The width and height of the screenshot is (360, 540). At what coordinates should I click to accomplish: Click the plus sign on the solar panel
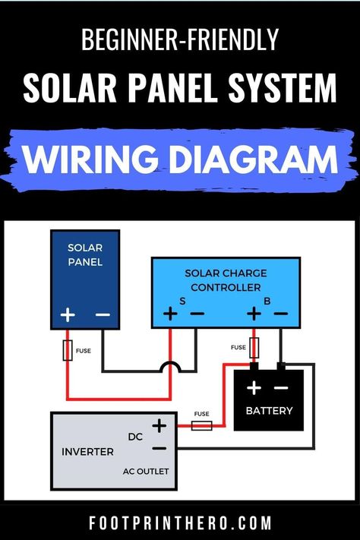click(x=68, y=314)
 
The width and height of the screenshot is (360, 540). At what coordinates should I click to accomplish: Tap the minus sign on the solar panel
click(x=103, y=314)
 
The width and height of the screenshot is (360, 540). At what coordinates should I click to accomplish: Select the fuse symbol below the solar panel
click(x=68, y=350)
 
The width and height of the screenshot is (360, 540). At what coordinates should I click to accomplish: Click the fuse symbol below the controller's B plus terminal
click(x=254, y=348)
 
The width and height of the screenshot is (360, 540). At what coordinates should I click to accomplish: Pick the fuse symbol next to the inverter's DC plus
click(x=201, y=426)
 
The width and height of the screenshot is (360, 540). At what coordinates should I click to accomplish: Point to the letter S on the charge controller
click(x=182, y=302)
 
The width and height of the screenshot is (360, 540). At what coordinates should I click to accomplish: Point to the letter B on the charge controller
click(x=267, y=302)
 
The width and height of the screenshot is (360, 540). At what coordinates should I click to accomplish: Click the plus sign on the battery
click(x=254, y=388)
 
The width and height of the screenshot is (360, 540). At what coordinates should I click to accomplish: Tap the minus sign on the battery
click(x=281, y=388)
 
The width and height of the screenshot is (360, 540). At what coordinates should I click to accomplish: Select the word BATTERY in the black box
click(x=269, y=411)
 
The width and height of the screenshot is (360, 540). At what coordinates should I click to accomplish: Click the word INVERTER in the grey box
click(x=87, y=451)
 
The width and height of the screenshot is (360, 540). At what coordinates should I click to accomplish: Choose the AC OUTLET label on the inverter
click(x=146, y=471)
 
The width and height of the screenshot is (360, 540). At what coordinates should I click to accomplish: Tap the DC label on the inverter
click(x=135, y=437)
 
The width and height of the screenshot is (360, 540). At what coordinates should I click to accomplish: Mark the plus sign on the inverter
click(x=159, y=425)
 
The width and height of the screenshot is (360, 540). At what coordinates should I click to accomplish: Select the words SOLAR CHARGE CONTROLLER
click(x=226, y=280)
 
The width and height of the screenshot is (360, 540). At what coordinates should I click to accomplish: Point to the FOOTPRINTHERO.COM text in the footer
click(x=180, y=523)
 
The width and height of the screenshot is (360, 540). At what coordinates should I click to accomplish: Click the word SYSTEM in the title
click(x=283, y=87)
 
